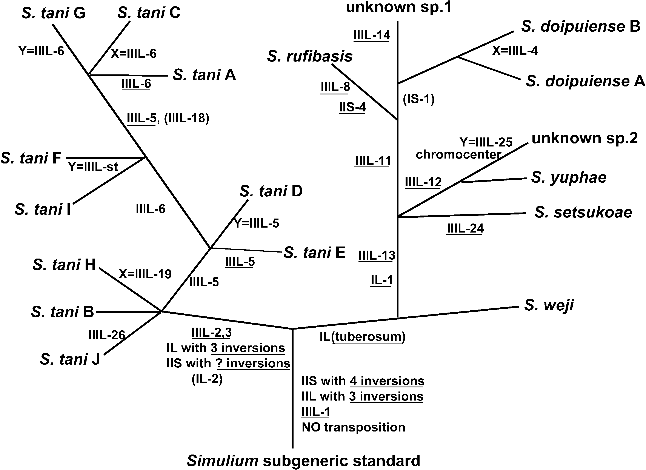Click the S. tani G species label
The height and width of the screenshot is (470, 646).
(x=53, y=13)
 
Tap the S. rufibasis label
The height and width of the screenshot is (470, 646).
(x=310, y=56)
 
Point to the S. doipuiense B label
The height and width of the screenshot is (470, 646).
(x=580, y=27)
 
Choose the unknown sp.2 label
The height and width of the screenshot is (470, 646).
(x=584, y=139)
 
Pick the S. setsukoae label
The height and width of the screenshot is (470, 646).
(x=583, y=213)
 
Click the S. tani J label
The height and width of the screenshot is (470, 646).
(x=70, y=359)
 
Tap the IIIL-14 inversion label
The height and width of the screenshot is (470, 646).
(x=372, y=35)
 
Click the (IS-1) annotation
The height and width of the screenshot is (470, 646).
(x=418, y=99)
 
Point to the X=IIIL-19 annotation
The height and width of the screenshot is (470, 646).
(x=145, y=274)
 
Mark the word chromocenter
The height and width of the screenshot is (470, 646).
(x=458, y=154)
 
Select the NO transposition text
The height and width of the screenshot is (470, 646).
(x=353, y=427)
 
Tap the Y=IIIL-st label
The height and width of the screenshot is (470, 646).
(x=93, y=167)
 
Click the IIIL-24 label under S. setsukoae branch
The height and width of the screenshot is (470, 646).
(x=465, y=228)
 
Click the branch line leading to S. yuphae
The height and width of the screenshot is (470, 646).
(x=494, y=180)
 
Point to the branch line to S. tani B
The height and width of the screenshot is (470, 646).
(x=128, y=312)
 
